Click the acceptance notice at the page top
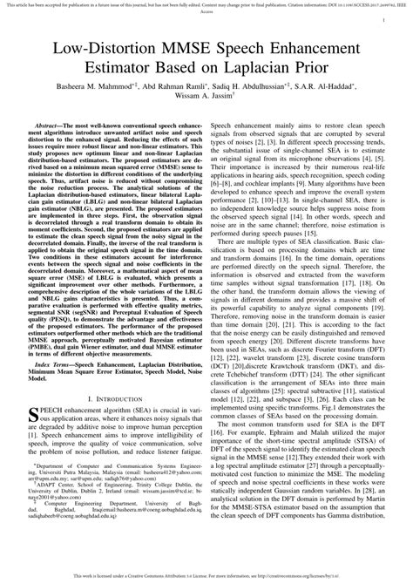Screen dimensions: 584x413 [x=206, y=6]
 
